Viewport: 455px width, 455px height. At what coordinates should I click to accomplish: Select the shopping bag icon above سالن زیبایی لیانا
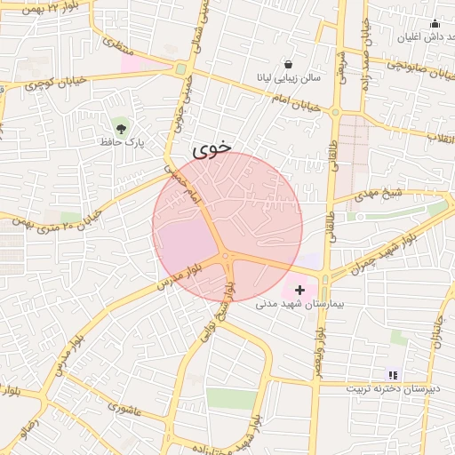click(x=288, y=64)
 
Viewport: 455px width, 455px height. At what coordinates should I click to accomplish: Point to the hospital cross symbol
click(x=299, y=290)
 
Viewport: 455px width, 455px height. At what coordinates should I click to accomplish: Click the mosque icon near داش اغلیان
click(x=435, y=24)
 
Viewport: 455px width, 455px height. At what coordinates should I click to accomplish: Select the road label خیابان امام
click(x=287, y=94)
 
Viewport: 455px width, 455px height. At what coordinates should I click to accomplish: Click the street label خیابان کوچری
click(x=57, y=82)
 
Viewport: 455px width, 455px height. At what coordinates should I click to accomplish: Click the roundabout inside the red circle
click(x=227, y=258)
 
